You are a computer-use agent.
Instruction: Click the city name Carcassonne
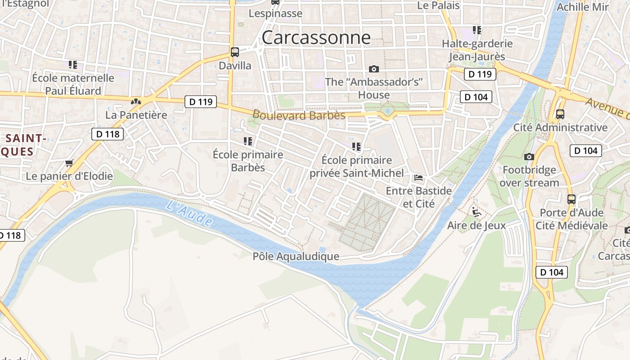(316, 37)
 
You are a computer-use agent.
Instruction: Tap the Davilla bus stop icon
(235, 52)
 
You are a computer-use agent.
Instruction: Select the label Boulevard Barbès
(299, 115)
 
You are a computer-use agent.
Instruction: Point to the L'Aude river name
(189, 213)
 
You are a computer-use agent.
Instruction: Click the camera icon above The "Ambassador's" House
(373, 69)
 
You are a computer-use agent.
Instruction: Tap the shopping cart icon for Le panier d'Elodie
(69, 163)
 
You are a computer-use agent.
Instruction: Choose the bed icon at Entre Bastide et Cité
(418, 178)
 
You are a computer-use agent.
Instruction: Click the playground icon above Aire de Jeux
(476, 211)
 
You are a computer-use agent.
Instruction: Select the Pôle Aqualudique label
(296, 256)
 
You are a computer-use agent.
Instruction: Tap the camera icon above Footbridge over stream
(529, 157)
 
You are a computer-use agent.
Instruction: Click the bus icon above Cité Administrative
(560, 114)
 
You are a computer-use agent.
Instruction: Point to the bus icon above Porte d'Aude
(571, 199)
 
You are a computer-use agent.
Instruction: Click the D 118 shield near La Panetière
(108, 134)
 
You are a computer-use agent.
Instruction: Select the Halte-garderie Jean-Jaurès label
(477, 50)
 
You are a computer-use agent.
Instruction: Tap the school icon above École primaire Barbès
(247, 141)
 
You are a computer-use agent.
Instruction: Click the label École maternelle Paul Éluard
(73, 84)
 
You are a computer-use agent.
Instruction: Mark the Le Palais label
(438, 5)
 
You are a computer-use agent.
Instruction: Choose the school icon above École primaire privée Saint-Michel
(356, 147)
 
